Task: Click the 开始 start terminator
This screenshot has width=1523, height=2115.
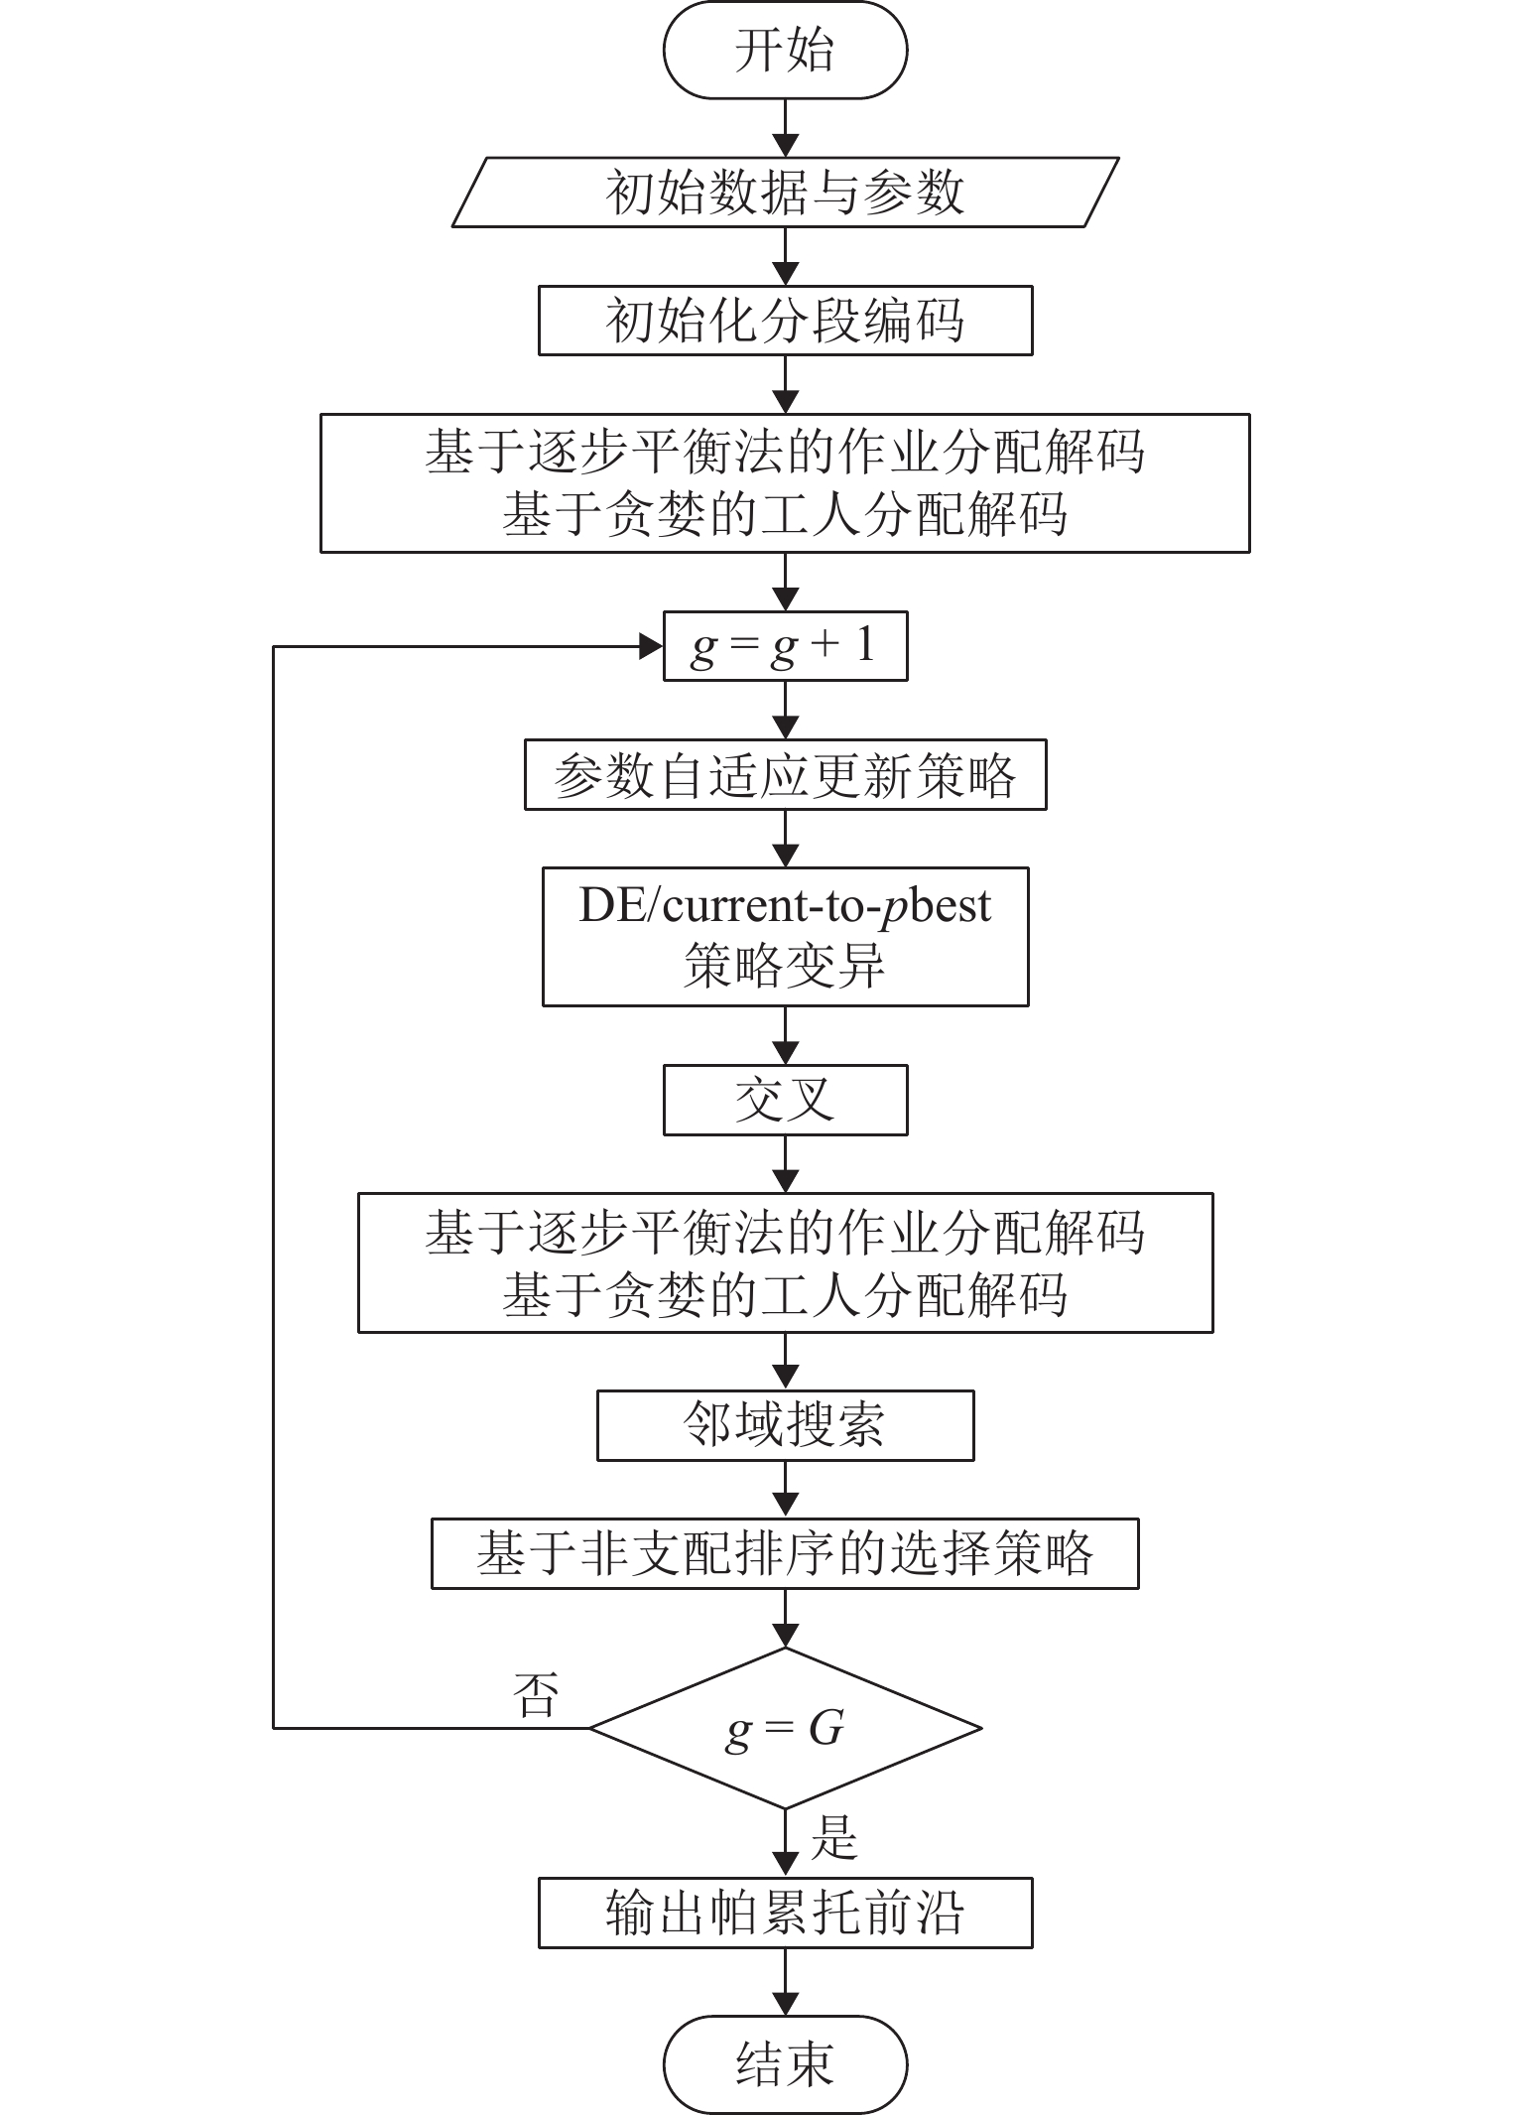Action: click(785, 51)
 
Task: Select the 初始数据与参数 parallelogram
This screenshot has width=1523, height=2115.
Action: click(785, 192)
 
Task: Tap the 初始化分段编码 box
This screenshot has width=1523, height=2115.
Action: click(785, 321)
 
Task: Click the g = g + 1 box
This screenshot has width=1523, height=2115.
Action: click(785, 647)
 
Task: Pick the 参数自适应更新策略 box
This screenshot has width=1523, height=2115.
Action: click(785, 775)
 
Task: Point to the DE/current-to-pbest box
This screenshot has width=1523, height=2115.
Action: click(785, 936)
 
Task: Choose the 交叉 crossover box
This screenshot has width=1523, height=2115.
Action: click(785, 1100)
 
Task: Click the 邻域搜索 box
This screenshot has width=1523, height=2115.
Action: click(785, 1425)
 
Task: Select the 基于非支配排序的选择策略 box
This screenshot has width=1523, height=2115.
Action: click(785, 1553)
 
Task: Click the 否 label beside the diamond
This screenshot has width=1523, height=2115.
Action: click(536, 1694)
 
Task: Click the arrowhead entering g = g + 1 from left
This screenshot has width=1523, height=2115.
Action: click(651, 647)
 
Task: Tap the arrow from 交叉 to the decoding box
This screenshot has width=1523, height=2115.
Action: click(785, 1164)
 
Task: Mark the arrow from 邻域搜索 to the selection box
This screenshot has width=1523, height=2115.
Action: click(785, 1490)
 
